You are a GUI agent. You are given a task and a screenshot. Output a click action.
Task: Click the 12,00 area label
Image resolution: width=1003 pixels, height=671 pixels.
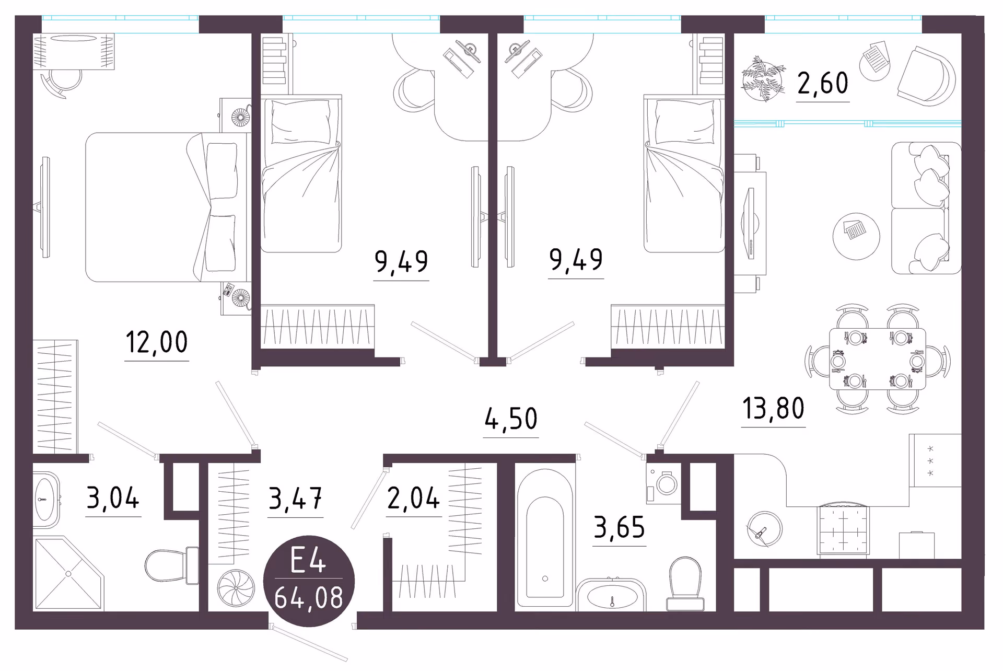point(157,343)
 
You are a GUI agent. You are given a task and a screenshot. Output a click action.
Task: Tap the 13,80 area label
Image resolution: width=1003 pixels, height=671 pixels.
point(773,409)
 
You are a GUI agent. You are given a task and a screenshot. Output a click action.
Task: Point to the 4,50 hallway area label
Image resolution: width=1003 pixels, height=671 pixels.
point(511,419)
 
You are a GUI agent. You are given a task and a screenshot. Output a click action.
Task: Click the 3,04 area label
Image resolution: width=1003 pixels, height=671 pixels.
point(113,498)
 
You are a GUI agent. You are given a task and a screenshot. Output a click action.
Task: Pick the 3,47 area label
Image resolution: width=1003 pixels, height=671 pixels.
point(295,499)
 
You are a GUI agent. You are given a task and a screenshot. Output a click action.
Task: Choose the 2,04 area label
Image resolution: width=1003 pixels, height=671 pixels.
point(413,498)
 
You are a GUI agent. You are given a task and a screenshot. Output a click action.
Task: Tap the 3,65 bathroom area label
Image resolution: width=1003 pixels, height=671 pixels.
point(620,528)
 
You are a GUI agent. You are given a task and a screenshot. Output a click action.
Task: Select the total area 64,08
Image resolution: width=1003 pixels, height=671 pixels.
point(309,598)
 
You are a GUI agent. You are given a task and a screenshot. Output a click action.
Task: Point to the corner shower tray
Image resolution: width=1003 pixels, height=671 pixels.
point(68,573)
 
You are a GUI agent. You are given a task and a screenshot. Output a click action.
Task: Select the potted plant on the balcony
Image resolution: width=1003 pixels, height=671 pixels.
point(763,79)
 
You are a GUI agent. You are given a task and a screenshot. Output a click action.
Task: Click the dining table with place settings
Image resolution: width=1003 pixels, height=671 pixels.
point(878,359)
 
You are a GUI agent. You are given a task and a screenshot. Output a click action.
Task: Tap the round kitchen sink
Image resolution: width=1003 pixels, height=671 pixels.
point(764,529)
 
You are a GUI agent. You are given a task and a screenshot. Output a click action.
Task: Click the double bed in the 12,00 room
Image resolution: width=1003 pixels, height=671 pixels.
point(166,207)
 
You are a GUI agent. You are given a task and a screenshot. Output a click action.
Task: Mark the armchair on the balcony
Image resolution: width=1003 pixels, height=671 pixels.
point(927,76)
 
